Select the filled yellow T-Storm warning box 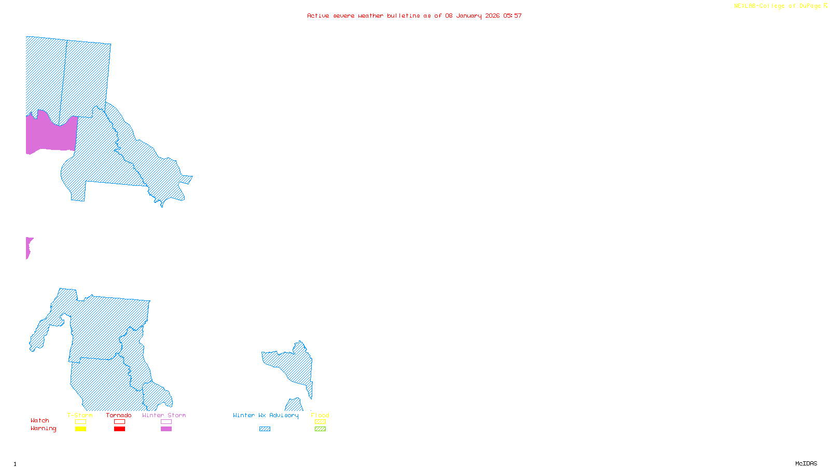pyautogui.click(x=80, y=429)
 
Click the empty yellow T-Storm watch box pyautogui.click(x=80, y=422)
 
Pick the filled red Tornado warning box pyautogui.click(x=119, y=429)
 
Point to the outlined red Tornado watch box pyautogui.click(x=119, y=422)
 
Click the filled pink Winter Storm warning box pyautogui.click(x=166, y=429)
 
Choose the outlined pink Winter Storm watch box pyautogui.click(x=166, y=422)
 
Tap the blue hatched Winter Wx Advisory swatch pyautogui.click(x=265, y=429)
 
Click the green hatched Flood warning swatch pyautogui.click(x=320, y=429)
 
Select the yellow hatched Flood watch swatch pyautogui.click(x=320, y=422)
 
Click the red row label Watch pyautogui.click(x=40, y=420)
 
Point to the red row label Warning pyautogui.click(x=43, y=429)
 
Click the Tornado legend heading pyautogui.click(x=119, y=415)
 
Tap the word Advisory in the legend pyautogui.click(x=284, y=415)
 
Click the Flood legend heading pyautogui.click(x=320, y=415)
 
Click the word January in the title pyautogui.click(x=469, y=16)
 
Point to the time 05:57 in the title pyautogui.click(x=513, y=16)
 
